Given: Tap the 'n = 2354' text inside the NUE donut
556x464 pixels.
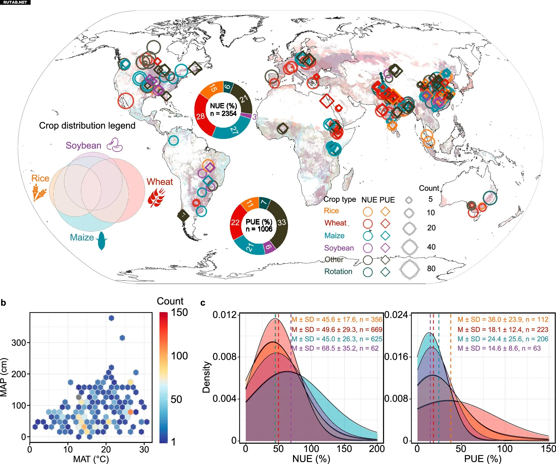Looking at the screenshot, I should pos(223,114).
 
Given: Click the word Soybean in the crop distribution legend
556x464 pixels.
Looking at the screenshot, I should pos(83,145).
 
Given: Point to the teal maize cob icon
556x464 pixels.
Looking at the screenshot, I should pos(101,241).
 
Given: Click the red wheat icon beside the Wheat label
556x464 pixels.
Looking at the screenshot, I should pos(156,197).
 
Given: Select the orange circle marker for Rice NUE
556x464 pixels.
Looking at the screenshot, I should pos(367,212).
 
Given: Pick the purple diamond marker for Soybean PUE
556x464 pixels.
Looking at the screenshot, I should pos(385,248).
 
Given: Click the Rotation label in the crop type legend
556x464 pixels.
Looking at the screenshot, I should pos(338,271).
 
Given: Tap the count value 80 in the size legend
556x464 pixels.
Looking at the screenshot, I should pos(431,269).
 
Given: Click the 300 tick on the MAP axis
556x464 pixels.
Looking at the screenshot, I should pos(19,343).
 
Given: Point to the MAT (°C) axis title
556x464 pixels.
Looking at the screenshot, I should pos(91,459).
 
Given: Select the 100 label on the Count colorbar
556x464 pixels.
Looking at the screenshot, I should pos(179,356).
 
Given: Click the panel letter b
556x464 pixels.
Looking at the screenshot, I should pos(3,303).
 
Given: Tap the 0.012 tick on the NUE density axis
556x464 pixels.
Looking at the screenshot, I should pos(224,315).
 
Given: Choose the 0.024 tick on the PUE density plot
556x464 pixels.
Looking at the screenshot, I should pos(396,315).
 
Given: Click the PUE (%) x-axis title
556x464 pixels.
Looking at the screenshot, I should pos(483,459).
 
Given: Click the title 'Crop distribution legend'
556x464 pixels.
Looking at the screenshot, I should pos(87,125).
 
